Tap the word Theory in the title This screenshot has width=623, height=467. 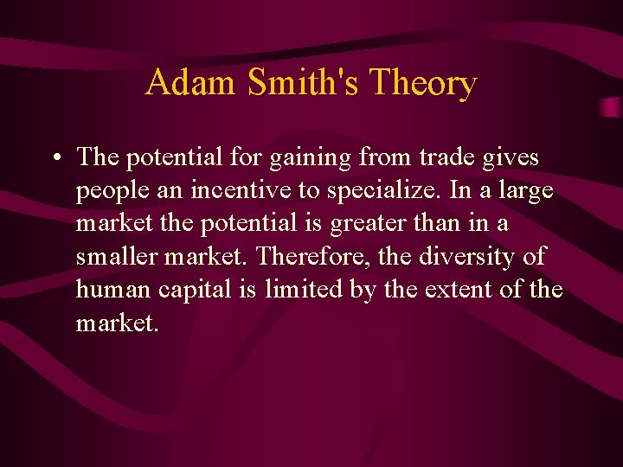(x=423, y=83)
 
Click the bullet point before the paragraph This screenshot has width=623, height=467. (x=55, y=159)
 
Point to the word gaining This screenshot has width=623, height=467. (x=303, y=158)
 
